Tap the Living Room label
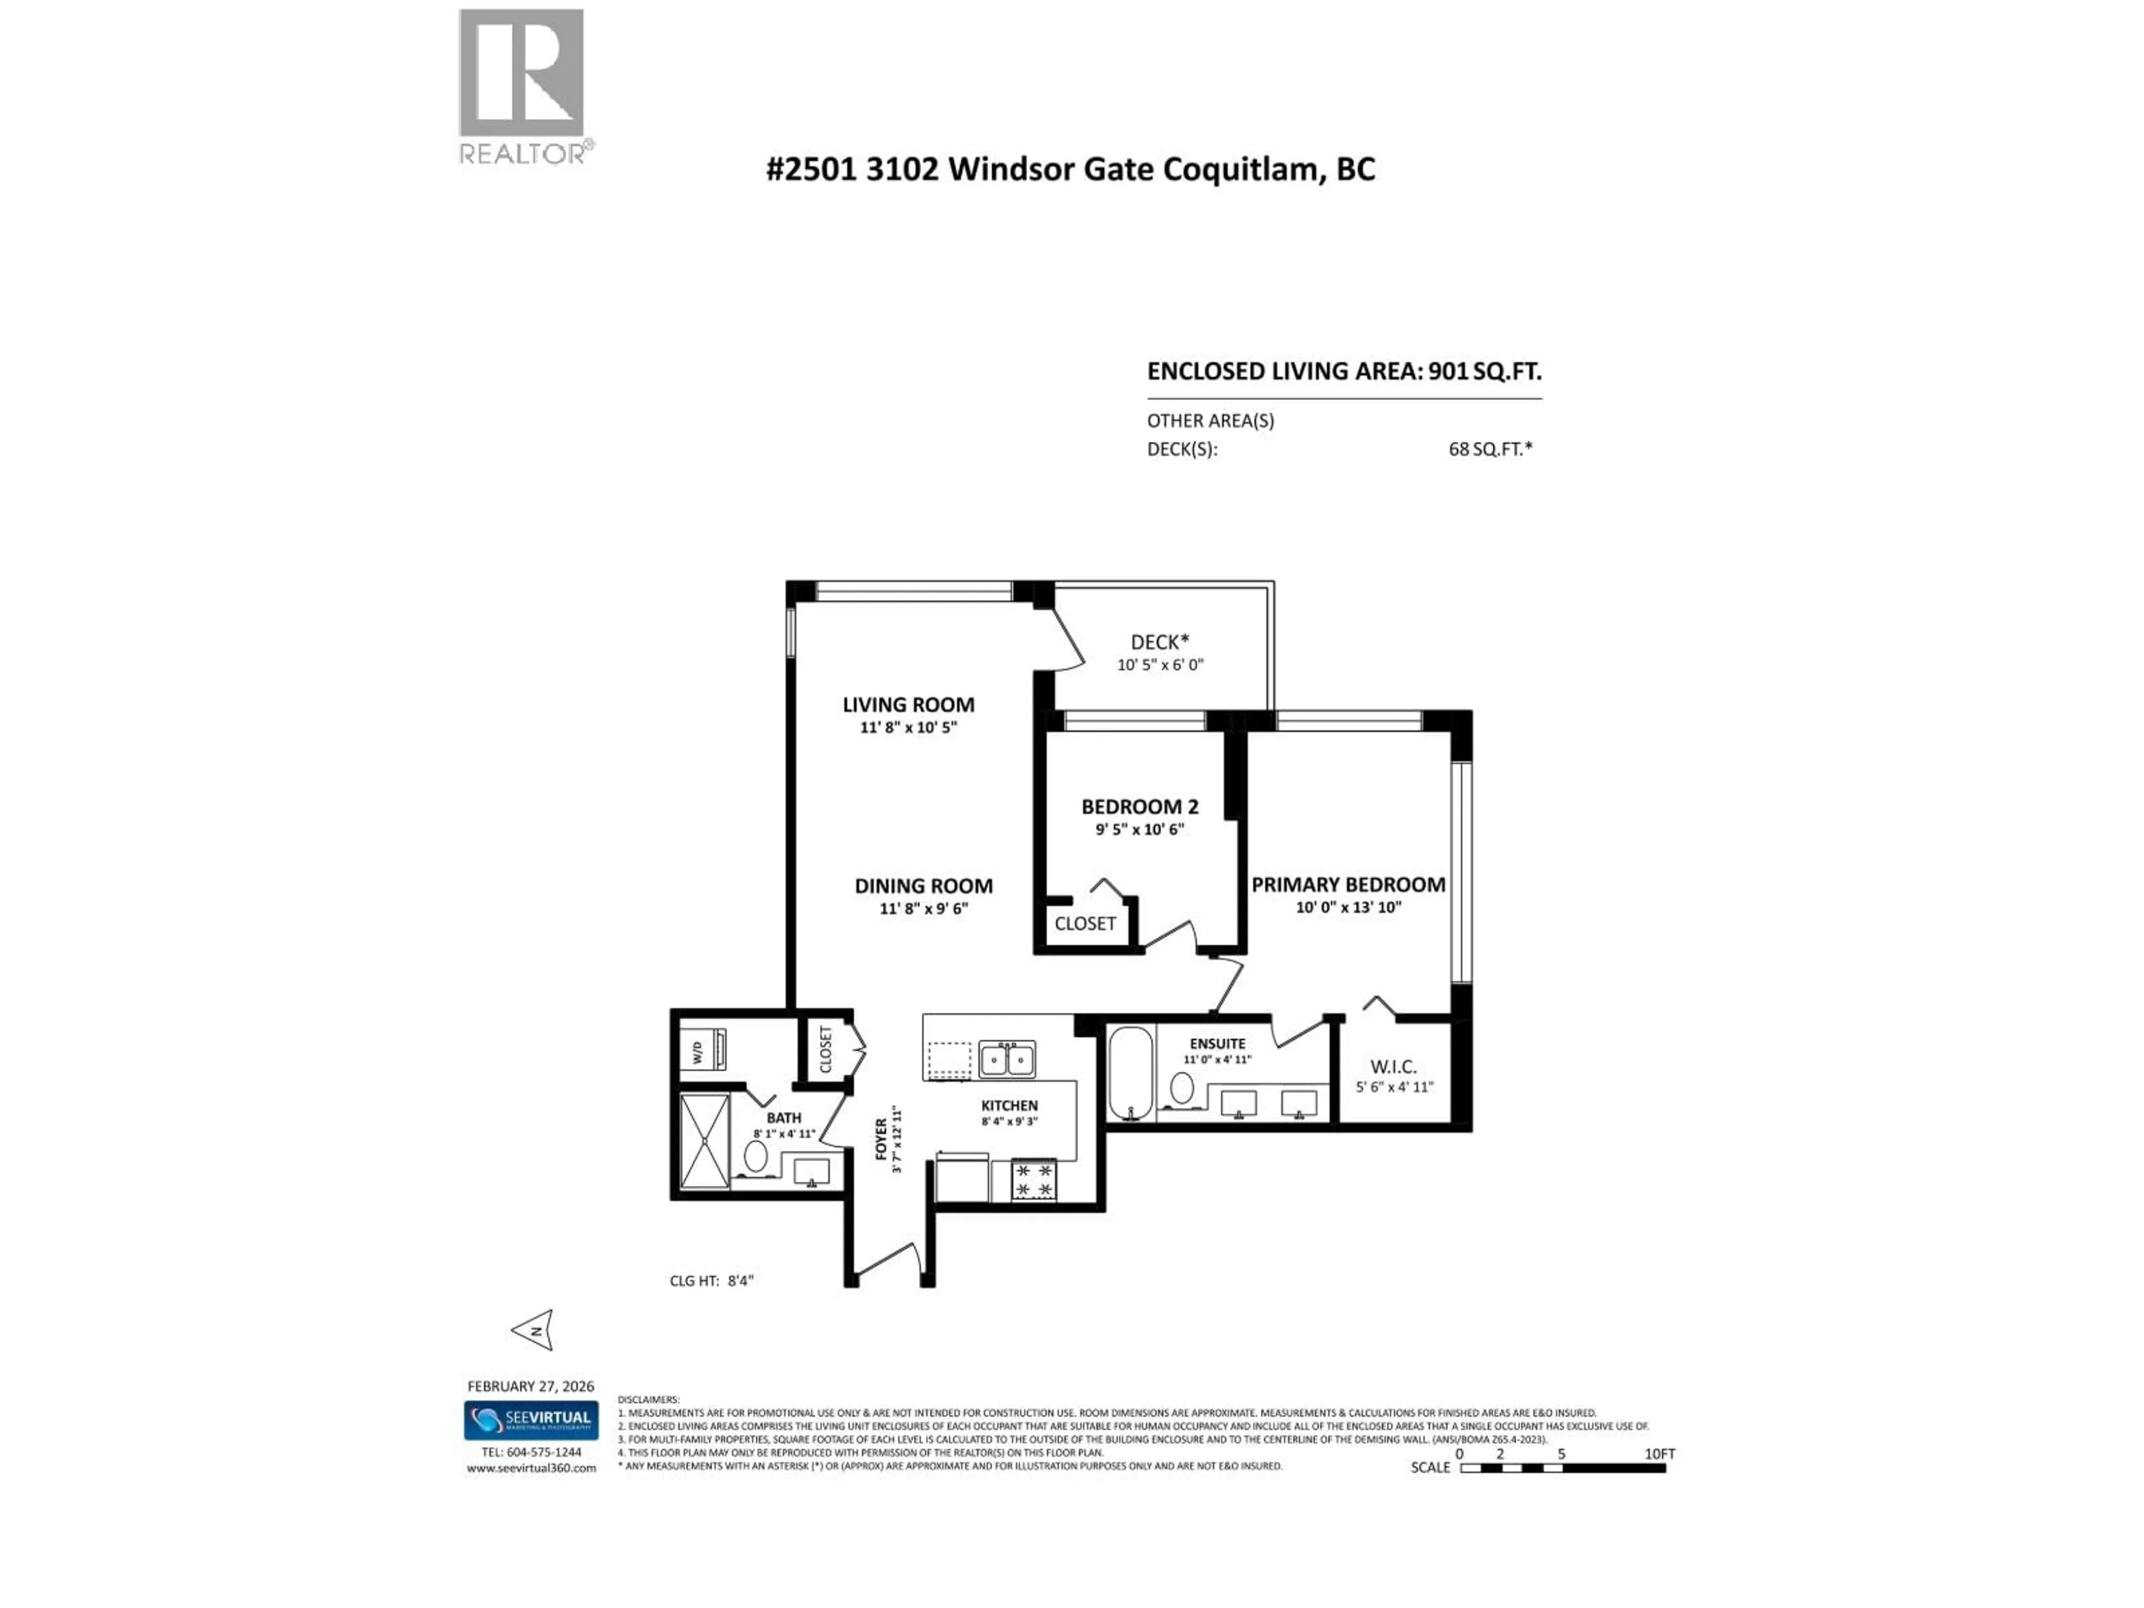[x=908, y=705]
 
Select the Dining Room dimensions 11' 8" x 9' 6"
[x=923, y=908]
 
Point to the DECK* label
[x=1159, y=642]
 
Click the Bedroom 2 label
[x=1140, y=806]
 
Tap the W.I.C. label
[x=1394, y=1066]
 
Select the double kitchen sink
[x=1006, y=1059]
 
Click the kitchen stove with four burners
[x=1033, y=1180]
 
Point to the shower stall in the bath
[x=705, y=1141]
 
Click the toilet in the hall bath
[x=756, y=1156]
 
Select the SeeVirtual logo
[x=530, y=1420]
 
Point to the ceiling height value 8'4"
[x=740, y=1280]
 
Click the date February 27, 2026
[x=530, y=1386]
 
